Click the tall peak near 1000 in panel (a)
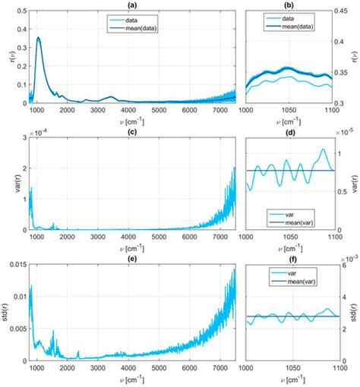[39, 38]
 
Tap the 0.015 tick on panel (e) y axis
[16, 264]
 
